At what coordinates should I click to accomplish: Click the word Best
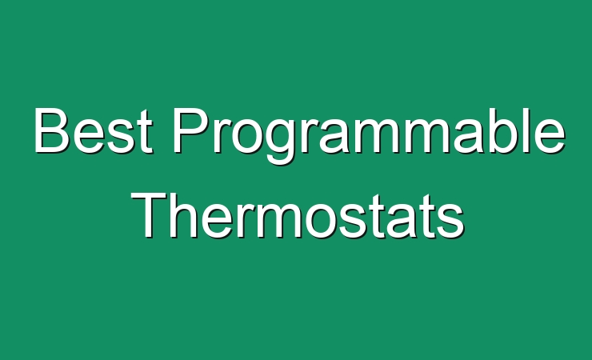(94, 130)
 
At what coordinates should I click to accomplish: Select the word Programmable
(369, 136)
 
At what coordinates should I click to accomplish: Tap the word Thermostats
(297, 215)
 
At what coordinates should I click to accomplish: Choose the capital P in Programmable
(192, 130)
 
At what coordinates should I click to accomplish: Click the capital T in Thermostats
(149, 215)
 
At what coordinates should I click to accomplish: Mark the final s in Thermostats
(450, 222)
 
